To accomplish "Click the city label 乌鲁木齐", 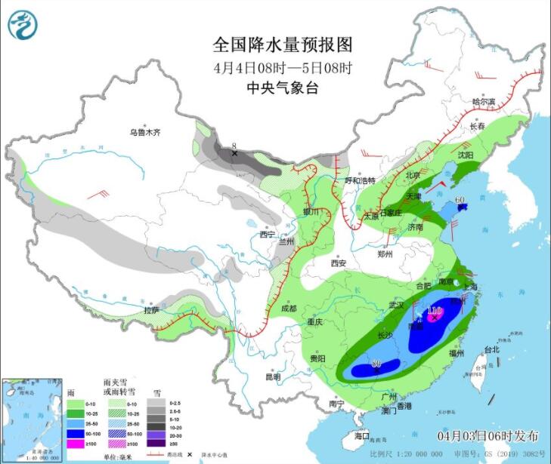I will coord(144,133).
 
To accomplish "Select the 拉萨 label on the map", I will coord(152,310).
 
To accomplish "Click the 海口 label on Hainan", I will coord(363,436).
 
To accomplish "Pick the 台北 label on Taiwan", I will coord(491,349).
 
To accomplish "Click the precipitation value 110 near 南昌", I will coord(435,311).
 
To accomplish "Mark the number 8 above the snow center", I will coord(234,145).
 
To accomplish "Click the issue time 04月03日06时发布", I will coord(488,436).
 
